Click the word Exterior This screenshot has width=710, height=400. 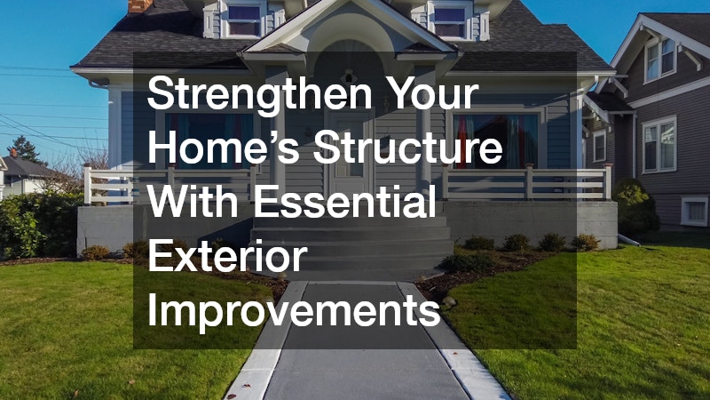[226, 259]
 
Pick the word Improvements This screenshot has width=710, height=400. [294, 312]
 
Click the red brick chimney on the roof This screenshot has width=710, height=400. [140, 5]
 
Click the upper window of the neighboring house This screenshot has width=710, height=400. [659, 59]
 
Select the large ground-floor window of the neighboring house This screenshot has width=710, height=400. [659, 144]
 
